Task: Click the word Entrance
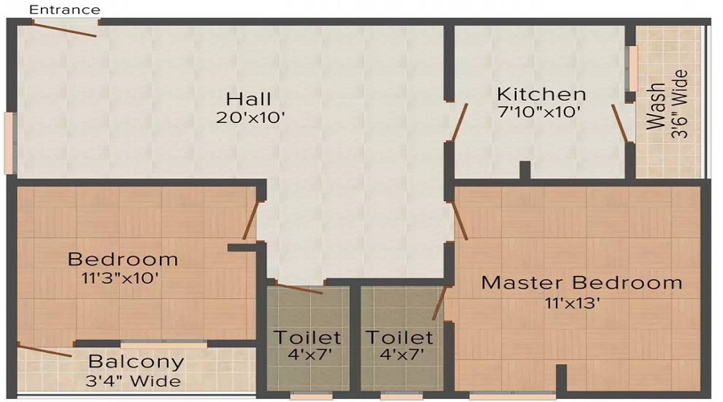click(65, 10)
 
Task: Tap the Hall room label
click(248, 99)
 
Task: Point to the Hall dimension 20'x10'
click(251, 117)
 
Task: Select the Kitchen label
click(541, 94)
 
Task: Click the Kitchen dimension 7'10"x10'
click(538, 112)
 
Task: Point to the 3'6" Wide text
click(680, 105)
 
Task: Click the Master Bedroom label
click(581, 283)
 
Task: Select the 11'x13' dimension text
click(571, 303)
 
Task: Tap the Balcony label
click(136, 362)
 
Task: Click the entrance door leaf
click(64, 28)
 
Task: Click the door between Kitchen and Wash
click(619, 123)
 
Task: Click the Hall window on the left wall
click(9, 142)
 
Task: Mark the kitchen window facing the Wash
click(633, 69)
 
